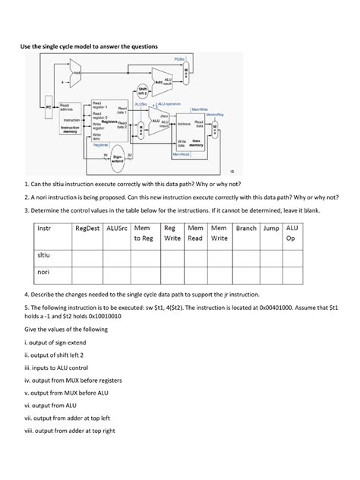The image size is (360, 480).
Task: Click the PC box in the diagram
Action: (x=48, y=108)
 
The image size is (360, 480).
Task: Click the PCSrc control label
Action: (x=180, y=58)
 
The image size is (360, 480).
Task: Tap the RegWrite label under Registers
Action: (x=100, y=144)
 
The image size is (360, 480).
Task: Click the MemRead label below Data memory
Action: (x=182, y=153)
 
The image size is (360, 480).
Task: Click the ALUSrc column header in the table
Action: (x=118, y=227)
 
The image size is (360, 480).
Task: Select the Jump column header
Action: (x=269, y=227)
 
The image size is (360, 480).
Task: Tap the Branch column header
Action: (x=245, y=227)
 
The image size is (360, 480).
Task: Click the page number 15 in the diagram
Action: (x=231, y=172)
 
